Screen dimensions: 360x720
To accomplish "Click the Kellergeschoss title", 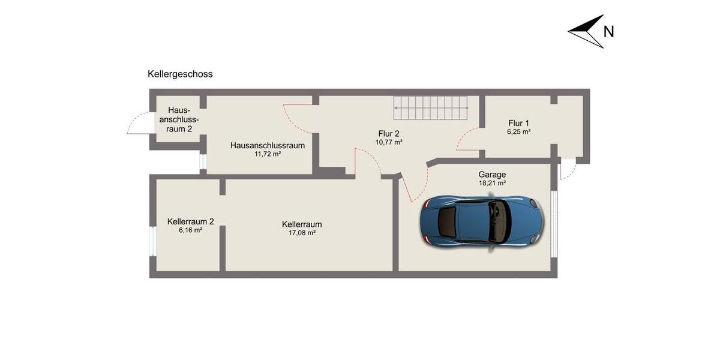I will [x=180, y=74].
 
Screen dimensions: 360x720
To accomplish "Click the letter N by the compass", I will [x=608, y=32].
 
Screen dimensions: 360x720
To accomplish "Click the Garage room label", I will [x=492, y=175].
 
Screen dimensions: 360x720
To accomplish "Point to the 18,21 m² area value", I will [x=492, y=184].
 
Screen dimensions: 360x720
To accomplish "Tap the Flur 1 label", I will [x=519, y=122].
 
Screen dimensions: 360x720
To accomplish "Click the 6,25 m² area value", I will [x=519, y=131].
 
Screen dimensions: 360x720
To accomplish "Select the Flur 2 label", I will [x=389, y=134].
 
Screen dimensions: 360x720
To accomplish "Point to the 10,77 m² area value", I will [x=389, y=143].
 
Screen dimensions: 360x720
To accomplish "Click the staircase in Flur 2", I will [x=430, y=107].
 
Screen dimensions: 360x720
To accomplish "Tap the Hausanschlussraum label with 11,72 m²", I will [x=268, y=145].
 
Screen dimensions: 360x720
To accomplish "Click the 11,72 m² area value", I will [x=268, y=154].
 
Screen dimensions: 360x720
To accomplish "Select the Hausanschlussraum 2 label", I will [x=179, y=119].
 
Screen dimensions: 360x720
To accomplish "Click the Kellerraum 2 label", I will [x=190, y=221].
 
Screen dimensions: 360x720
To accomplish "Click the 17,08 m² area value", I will [x=302, y=233].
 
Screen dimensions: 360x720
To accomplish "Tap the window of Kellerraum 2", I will [x=152, y=241].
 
